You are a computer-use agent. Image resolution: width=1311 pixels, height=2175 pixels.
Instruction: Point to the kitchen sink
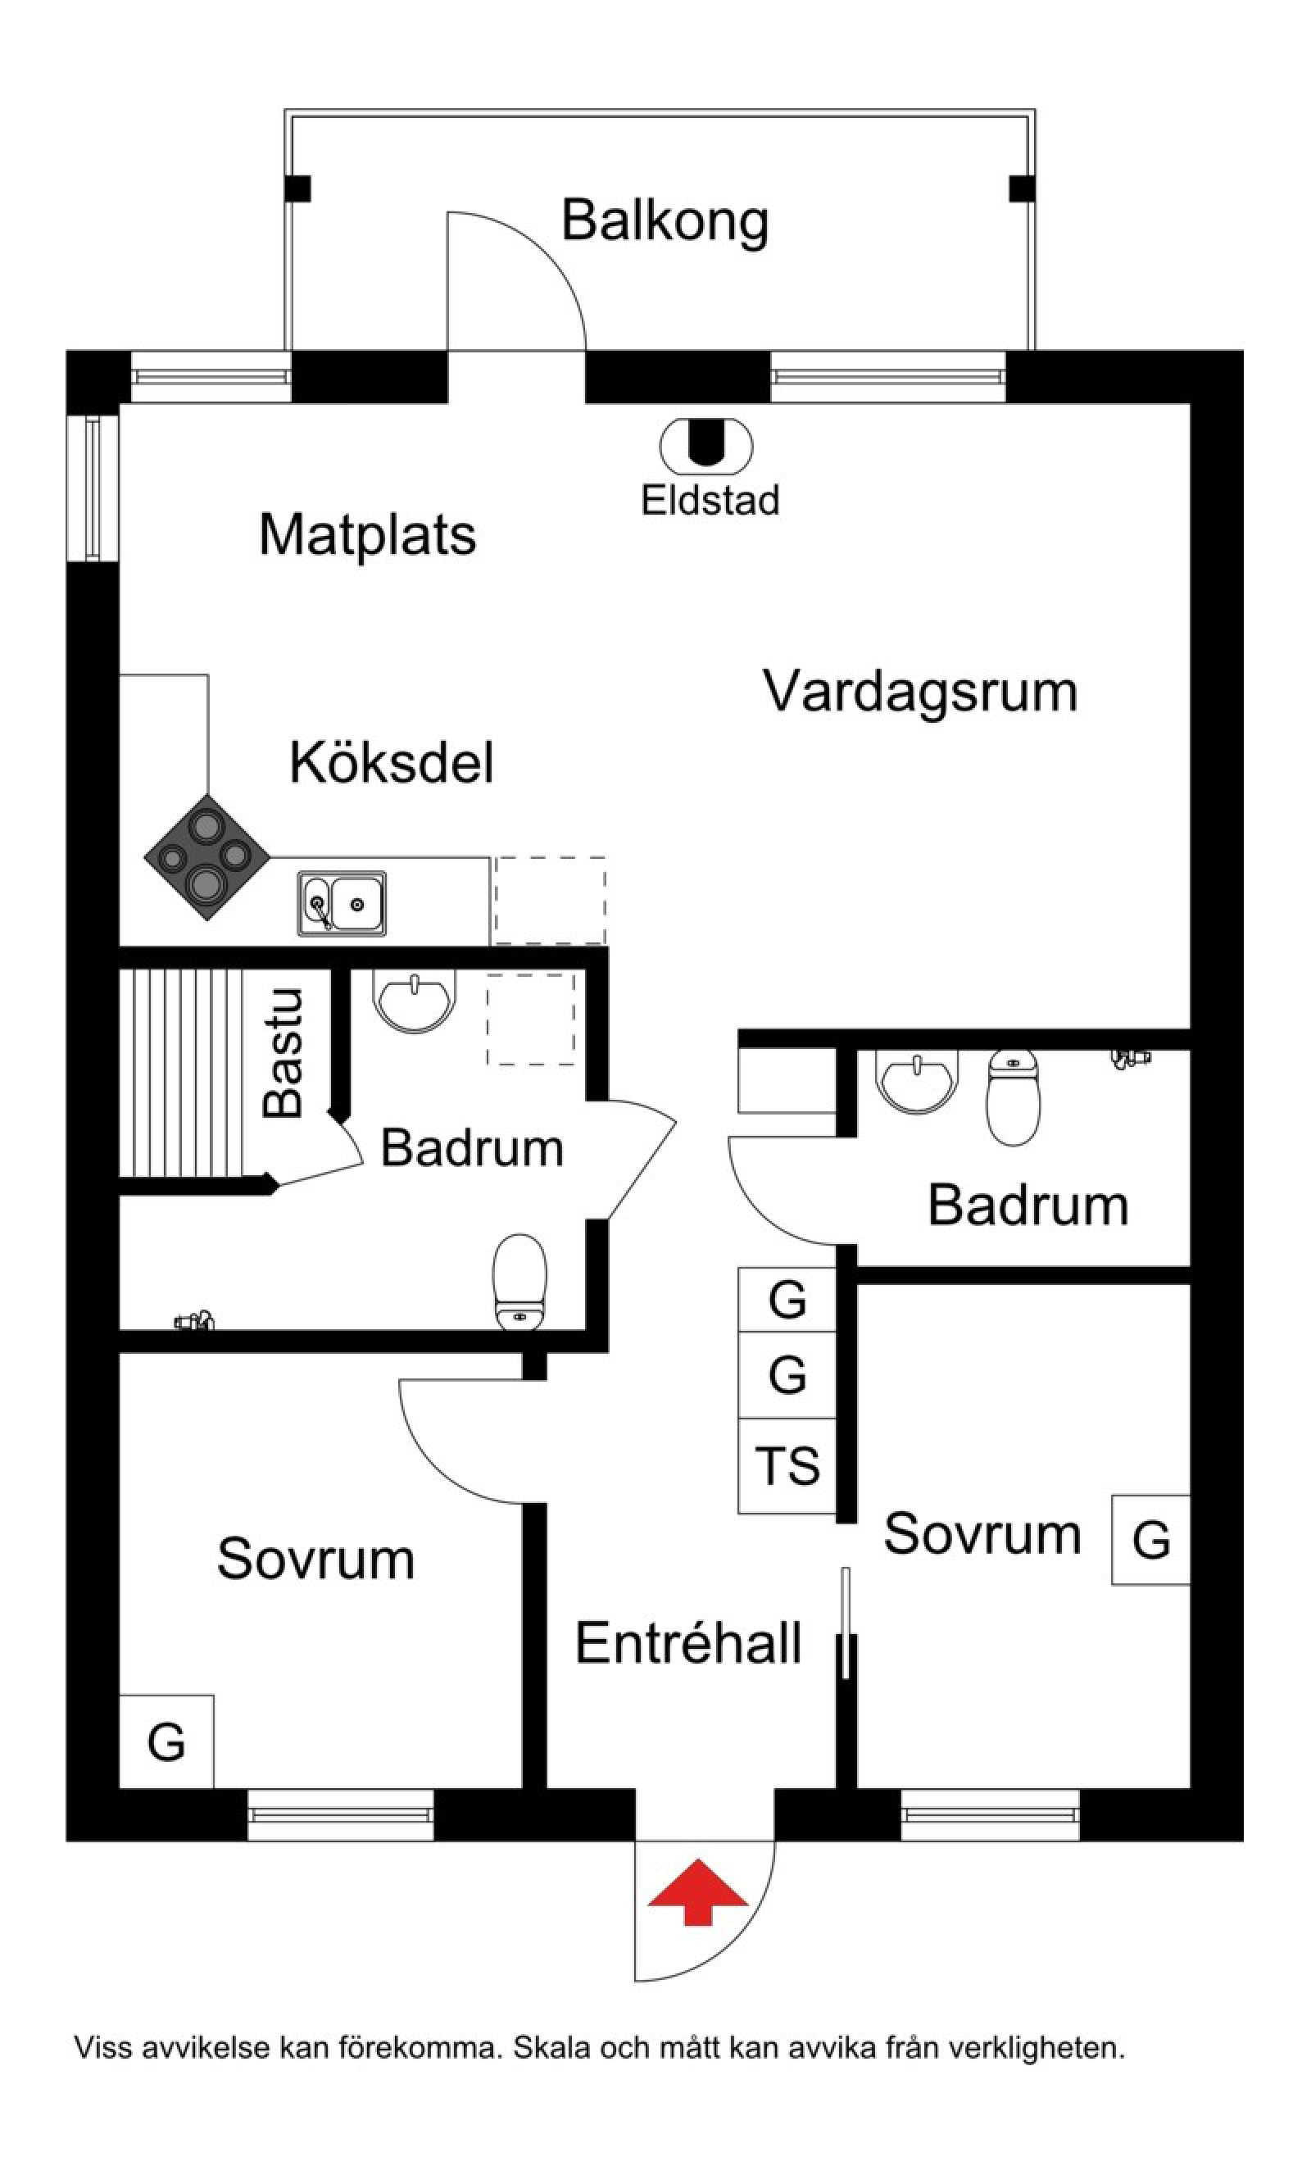tap(341, 903)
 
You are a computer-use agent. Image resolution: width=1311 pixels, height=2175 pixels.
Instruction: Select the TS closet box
tap(786, 1465)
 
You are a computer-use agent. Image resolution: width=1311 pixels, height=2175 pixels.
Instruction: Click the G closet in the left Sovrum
tap(166, 1741)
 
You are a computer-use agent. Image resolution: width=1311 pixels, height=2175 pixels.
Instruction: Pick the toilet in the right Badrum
tap(1012, 1097)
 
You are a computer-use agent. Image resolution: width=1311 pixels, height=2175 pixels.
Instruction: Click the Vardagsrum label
tap(919, 691)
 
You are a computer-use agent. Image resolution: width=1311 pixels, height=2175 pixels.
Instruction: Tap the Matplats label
tap(366, 535)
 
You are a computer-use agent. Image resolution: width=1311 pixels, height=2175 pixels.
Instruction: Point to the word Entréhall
tap(687, 1643)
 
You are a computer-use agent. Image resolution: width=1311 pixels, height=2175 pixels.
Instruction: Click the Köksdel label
tap(391, 764)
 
